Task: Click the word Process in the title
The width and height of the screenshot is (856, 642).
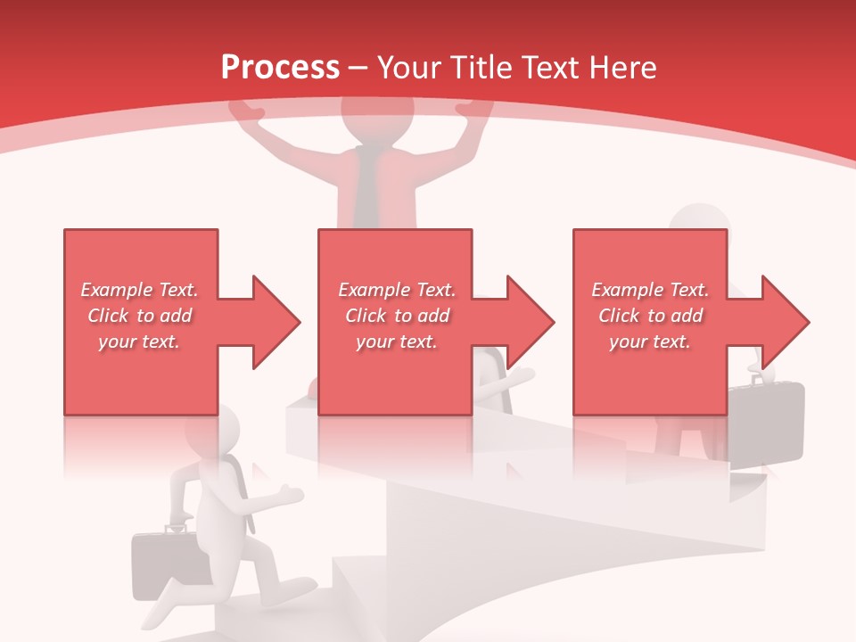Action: (280, 67)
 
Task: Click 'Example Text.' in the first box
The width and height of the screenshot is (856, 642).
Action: (140, 290)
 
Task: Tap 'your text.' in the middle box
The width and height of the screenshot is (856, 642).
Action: (397, 342)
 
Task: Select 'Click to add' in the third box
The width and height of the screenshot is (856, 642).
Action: (650, 316)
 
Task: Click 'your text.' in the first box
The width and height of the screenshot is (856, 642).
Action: (140, 342)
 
